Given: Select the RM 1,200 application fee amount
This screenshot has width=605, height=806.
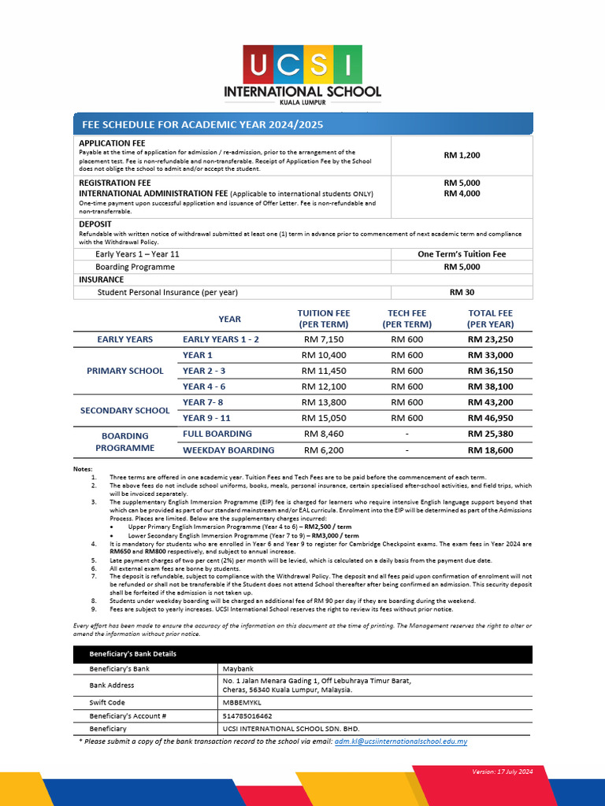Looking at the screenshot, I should [x=462, y=156].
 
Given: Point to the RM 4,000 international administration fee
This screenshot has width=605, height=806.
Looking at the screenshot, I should [x=462, y=194].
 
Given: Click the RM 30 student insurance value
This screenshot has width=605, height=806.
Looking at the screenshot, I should [x=462, y=292].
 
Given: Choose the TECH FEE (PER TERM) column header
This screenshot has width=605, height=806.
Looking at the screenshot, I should [x=406, y=319].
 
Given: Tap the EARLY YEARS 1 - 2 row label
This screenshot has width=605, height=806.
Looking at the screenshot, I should [x=221, y=339].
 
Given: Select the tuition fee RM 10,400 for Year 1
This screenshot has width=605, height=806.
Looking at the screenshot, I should [x=323, y=356].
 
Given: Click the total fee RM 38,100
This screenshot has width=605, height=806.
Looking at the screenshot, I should [x=490, y=387].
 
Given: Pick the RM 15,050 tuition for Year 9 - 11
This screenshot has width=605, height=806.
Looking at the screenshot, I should [x=323, y=418].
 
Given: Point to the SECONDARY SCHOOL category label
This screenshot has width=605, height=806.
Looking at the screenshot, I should [x=124, y=410].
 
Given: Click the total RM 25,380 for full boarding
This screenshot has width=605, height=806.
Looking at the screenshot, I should [x=490, y=434].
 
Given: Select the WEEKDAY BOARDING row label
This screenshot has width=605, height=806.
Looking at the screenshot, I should [x=228, y=450].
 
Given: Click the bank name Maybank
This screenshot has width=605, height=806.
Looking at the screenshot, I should [x=239, y=669].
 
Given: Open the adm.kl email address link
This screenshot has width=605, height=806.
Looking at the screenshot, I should [x=400, y=741].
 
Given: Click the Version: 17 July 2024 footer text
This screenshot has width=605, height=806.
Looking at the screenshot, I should [x=503, y=771].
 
